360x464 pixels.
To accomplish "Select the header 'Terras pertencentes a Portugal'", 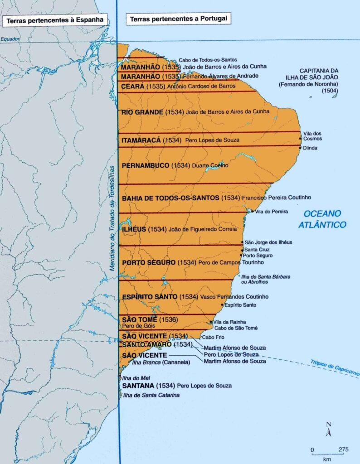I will [x=178, y=19].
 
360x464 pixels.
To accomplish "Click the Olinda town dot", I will [x=300, y=148].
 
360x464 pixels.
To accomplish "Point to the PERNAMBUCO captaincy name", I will [x=146, y=165].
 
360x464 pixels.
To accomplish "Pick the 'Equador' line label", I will [x=8, y=39].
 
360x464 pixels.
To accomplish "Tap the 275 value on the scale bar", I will [x=343, y=449].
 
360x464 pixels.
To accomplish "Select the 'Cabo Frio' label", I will [x=211, y=337].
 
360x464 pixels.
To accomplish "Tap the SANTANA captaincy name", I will [x=138, y=386].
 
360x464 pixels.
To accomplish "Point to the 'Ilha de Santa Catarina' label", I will [x=151, y=396].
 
